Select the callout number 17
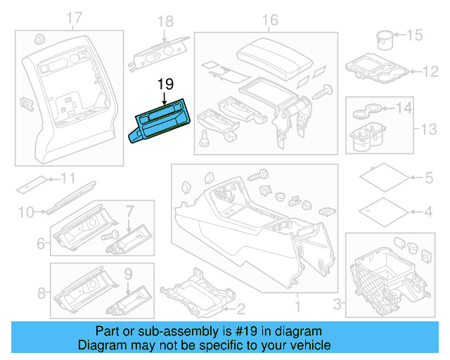pos(74,18)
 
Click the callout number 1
pos(297,307)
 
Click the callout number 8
pos(41,292)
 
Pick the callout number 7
pos(129,210)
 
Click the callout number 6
pos(41,244)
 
